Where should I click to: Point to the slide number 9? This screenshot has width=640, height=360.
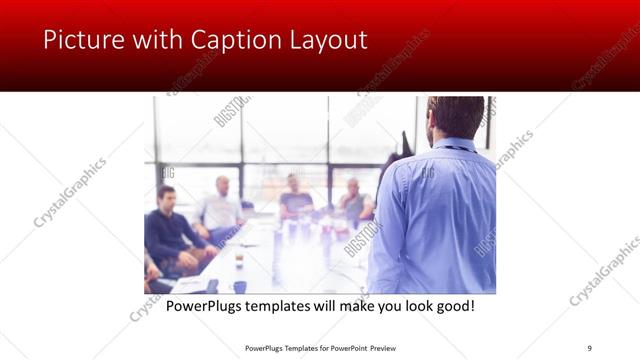pos(589,347)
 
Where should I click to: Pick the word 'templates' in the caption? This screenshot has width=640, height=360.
pos(284,305)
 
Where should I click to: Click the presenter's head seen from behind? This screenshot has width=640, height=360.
pos(455,118)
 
